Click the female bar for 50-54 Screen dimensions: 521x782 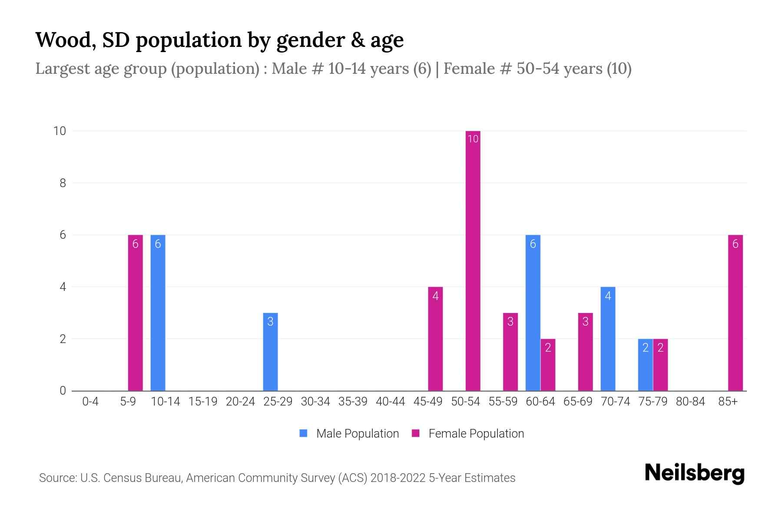473,260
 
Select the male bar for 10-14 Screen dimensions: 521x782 158,313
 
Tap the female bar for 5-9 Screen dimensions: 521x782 135,313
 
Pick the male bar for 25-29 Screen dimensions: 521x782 270,352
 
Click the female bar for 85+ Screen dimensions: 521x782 735,313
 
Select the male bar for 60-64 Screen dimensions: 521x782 533,313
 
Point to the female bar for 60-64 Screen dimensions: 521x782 548,365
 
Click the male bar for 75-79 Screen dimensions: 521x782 645,365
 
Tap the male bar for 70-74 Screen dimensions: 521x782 608,339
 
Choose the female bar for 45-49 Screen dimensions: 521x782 435,339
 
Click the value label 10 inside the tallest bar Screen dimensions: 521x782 473,139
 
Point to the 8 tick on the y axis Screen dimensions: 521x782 63,183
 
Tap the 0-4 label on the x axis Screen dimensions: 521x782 90,402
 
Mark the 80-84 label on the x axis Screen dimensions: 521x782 690,402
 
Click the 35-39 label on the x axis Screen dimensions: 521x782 353,402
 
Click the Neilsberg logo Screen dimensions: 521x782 694,473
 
